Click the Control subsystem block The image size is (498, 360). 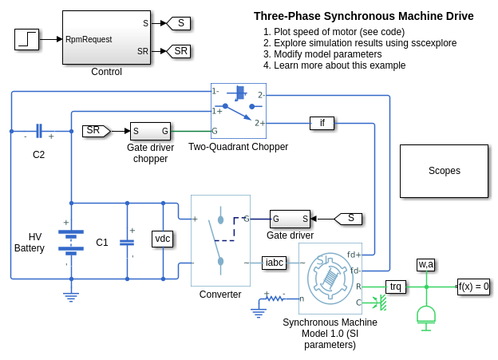(x=106, y=38)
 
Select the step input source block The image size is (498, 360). (x=26, y=39)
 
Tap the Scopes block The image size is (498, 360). (x=444, y=171)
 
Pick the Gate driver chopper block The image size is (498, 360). (x=150, y=131)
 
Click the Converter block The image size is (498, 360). (x=220, y=239)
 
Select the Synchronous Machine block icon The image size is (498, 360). (x=330, y=279)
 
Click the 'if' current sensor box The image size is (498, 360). (x=322, y=123)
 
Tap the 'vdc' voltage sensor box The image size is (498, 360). (x=163, y=238)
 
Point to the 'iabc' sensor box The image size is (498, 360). (x=274, y=262)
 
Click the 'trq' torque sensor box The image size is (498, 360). (x=396, y=286)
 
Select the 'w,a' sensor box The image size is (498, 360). (x=426, y=264)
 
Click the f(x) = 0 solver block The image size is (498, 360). (x=473, y=286)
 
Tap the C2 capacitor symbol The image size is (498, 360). (x=38, y=130)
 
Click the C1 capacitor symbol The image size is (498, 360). (x=127, y=241)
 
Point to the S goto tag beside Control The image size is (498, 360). (x=178, y=23)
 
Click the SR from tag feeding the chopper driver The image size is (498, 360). (x=96, y=130)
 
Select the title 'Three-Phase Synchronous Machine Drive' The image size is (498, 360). (x=363, y=16)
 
